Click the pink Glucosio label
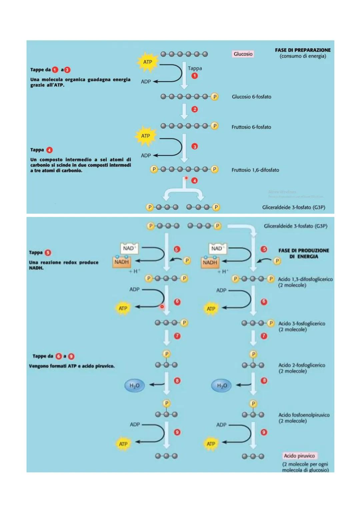point(243,54)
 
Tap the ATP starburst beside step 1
point(147,62)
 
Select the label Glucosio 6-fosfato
point(251,97)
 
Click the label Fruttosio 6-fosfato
point(251,127)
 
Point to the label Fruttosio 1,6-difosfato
point(255,170)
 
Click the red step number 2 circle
point(195,109)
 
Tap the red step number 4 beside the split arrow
point(194,181)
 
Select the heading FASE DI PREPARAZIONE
point(303,50)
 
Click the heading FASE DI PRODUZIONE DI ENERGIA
point(304,254)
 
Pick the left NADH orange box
point(121,262)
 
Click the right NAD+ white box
point(217,248)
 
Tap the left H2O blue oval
point(134,385)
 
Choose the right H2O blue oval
point(222,385)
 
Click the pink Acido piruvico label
point(299,456)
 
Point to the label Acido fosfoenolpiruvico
point(304,415)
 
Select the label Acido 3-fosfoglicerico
point(302,323)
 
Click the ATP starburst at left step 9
point(123,444)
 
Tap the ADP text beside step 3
point(146,156)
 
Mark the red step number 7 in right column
point(264,336)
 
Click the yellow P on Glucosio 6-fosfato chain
point(215,97)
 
